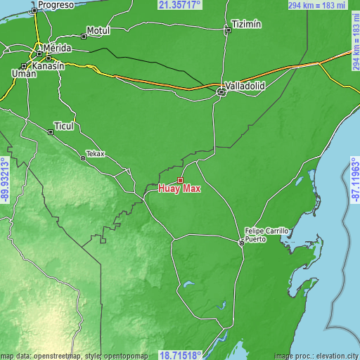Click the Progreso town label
pyautogui.click(x=56, y=5)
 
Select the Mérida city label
pyautogui.click(x=57, y=48)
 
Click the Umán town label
pyautogui.click(x=24, y=73)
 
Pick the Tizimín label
pyautogui.click(x=247, y=24)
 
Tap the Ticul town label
pyautogui.click(x=64, y=125)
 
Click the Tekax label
pyautogui.click(x=95, y=153)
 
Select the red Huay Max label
pyautogui.click(x=179, y=188)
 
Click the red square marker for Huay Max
pyautogui.click(x=180, y=180)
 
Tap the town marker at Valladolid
pyautogui.click(x=221, y=91)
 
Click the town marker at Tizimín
pyautogui.click(x=227, y=30)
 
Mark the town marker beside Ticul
pyautogui.click(x=50, y=131)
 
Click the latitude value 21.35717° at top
pyautogui.click(x=179, y=5)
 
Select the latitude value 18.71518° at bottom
pyautogui.click(x=180, y=354)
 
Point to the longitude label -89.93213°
pyautogui.click(x=5, y=180)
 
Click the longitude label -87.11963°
pyautogui.click(x=354, y=180)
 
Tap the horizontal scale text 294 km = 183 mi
pyautogui.click(x=317, y=5)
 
